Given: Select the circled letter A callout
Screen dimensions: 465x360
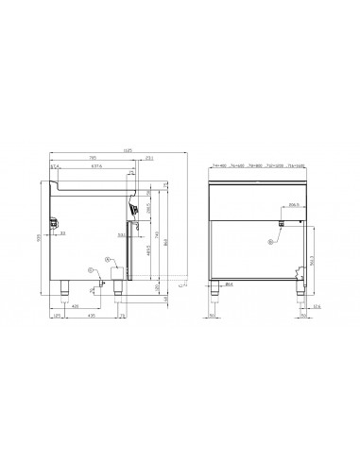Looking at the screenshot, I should (x=109, y=258).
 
